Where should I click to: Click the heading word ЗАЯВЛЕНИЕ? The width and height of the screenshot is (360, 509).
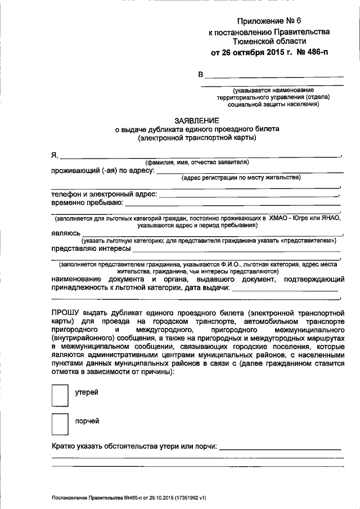coord(196,120)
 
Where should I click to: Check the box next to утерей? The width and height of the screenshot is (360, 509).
coord(59,394)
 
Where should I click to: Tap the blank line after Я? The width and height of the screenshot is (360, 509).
coord(200,156)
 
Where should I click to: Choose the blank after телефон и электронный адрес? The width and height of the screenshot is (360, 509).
coord(250,195)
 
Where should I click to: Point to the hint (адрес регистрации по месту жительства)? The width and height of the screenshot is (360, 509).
coord(241,178)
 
